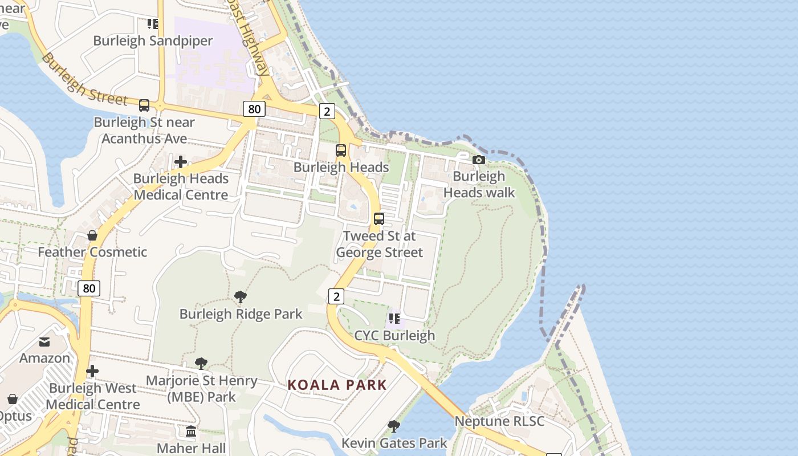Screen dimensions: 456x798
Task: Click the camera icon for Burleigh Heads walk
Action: click(x=479, y=160)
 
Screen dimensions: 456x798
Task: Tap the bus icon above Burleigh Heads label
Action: click(x=341, y=150)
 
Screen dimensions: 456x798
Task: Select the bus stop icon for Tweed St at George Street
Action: click(x=378, y=219)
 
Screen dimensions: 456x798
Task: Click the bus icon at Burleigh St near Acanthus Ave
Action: click(x=144, y=105)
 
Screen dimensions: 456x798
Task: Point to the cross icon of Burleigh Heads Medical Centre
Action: click(x=181, y=162)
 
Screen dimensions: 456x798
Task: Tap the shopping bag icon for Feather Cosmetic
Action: click(x=92, y=235)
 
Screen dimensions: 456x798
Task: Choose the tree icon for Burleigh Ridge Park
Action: click(x=241, y=297)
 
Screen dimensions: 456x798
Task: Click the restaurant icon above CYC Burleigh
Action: click(x=394, y=319)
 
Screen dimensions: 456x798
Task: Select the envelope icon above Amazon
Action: click(x=44, y=342)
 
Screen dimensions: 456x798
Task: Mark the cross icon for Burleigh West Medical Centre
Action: click(x=92, y=372)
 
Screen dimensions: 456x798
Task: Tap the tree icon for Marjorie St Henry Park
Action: click(x=201, y=364)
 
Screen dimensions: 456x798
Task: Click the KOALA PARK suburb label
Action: click(x=337, y=385)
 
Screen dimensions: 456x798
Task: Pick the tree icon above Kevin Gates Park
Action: click(x=393, y=426)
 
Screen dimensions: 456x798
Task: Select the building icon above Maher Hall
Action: click(x=191, y=431)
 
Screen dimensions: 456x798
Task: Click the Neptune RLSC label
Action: click(x=499, y=422)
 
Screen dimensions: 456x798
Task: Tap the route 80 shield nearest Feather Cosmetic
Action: click(x=89, y=288)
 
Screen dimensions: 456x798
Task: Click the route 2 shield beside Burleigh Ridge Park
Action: click(x=336, y=296)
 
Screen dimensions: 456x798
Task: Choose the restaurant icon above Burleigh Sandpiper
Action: click(x=153, y=24)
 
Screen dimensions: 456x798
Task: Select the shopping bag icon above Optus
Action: click(x=13, y=399)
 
